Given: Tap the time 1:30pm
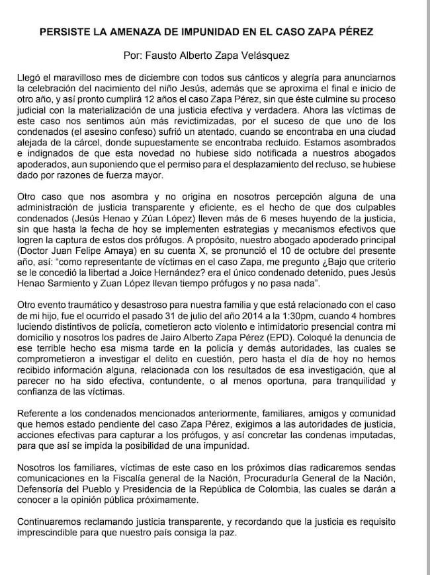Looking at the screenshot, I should point(314,316).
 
